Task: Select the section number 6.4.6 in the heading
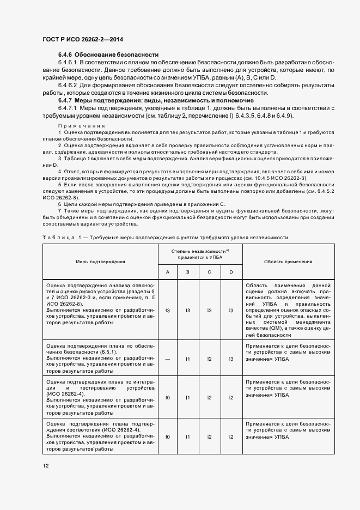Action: tap(65, 54)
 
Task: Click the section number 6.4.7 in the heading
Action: tap(65, 101)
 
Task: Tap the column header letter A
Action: tap(168, 272)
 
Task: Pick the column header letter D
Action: tap(231, 272)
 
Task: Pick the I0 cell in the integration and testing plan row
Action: tap(168, 398)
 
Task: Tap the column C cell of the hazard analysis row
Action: tap(209, 310)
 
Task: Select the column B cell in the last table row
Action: tap(187, 436)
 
